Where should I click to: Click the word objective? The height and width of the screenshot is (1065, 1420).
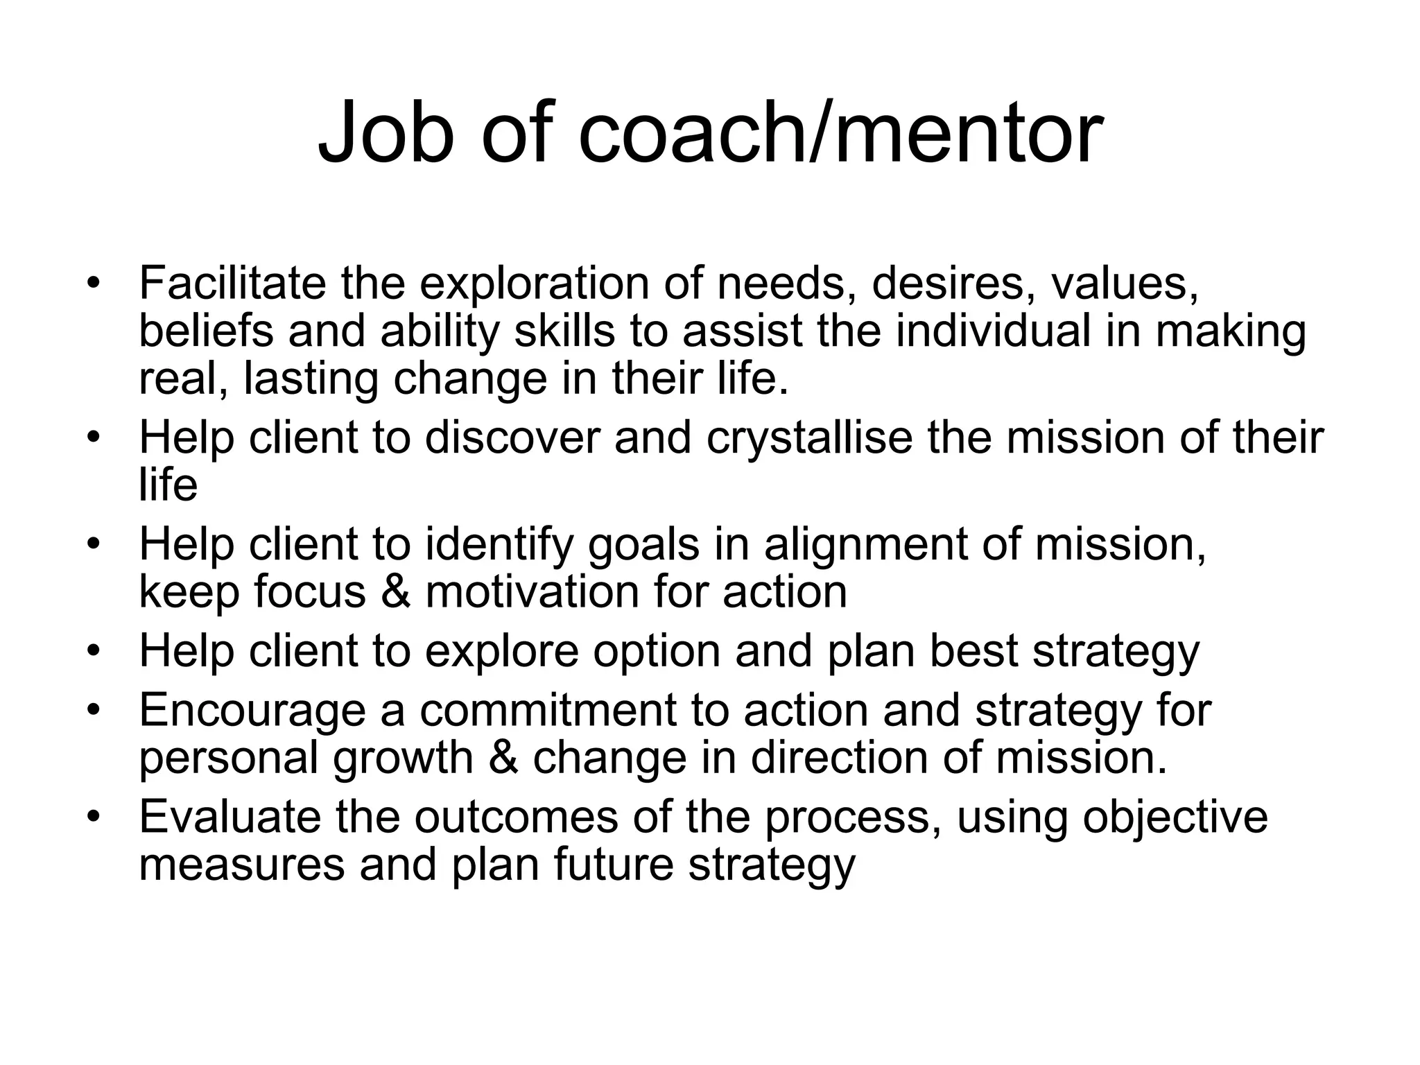[1175, 817]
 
